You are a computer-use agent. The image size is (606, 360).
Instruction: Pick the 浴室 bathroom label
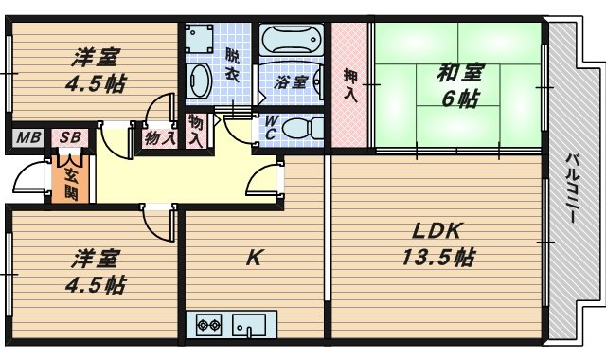tap(290, 82)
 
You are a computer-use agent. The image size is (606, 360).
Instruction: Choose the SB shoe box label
tap(69, 138)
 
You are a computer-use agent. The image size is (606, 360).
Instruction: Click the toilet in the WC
tap(302, 127)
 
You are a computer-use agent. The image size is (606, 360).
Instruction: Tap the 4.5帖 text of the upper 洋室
tap(97, 81)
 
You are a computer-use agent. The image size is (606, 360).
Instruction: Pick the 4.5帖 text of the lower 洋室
tap(97, 283)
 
